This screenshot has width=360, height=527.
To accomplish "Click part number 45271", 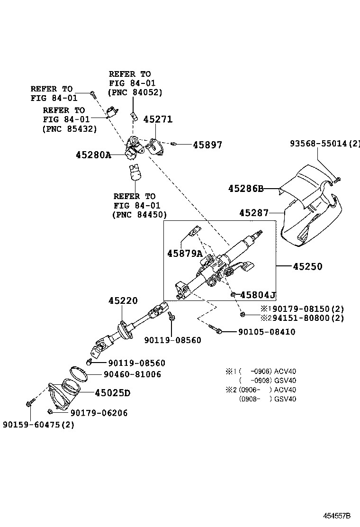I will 158,119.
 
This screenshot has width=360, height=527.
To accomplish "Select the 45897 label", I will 207,145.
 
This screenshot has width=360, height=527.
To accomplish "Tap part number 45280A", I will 93,154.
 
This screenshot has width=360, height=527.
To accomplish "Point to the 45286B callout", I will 245,189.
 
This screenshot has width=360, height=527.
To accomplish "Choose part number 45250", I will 307,267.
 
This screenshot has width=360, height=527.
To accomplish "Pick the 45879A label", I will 185,254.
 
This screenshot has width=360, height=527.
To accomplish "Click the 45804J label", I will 258,295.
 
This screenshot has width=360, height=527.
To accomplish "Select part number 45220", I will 123,300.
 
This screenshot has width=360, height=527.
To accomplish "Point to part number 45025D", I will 112,393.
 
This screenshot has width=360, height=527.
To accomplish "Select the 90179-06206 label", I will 99,413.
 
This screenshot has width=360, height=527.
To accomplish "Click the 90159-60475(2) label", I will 38,425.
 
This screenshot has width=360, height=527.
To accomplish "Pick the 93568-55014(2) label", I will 325,143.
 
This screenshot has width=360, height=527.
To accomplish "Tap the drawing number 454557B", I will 337,516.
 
